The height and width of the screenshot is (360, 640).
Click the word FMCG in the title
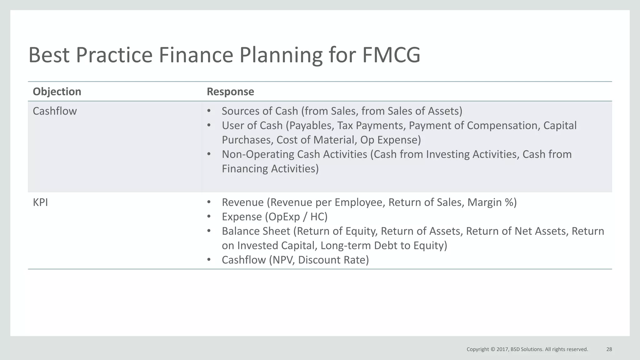[391, 55]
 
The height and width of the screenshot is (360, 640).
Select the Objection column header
[57, 92]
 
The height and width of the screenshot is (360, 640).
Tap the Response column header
[230, 92]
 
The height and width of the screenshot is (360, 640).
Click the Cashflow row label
[55, 111]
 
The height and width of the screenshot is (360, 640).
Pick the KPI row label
[40, 202]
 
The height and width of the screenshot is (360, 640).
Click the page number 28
[609, 349]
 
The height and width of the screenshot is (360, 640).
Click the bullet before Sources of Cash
[209, 111]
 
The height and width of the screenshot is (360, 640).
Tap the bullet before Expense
[209, 217]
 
